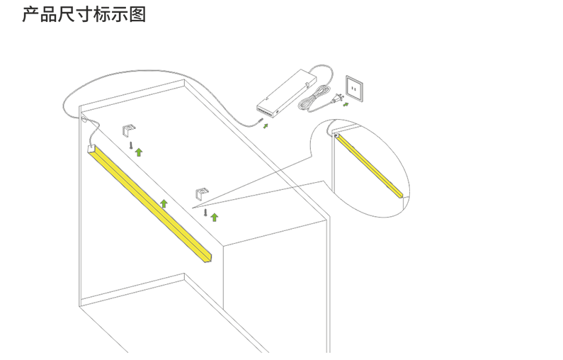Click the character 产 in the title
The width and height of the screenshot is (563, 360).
(x=30, y=15)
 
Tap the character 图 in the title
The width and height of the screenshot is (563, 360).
(x=137, y=15)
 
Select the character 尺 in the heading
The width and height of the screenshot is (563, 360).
(x=66, y=15)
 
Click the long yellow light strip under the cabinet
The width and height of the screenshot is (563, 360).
(x=150, y=204)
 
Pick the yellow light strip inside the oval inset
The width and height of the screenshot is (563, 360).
(x=370, y=166)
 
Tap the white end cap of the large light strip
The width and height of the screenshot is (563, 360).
(x=91, y=149)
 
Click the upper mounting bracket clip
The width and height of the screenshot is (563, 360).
(x=129, y=130)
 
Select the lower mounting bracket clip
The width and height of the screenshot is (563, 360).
(x=202, y=193)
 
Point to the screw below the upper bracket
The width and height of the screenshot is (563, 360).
(x=132, y=145)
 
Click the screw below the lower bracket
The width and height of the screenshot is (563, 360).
(x=205, y=212)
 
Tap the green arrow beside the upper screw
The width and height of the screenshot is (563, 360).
(x=139, y=152)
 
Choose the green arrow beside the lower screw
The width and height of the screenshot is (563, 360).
(x=215, y=217)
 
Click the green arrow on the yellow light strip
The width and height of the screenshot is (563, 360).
(x=164, y=203)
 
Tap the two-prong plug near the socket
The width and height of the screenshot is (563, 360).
(x=339, y=98)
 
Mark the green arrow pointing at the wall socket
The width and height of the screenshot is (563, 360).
(x=346, y=104)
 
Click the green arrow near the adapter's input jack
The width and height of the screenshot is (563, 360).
(x=266, y=125)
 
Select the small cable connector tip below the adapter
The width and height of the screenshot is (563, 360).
(x=260, y=120)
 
